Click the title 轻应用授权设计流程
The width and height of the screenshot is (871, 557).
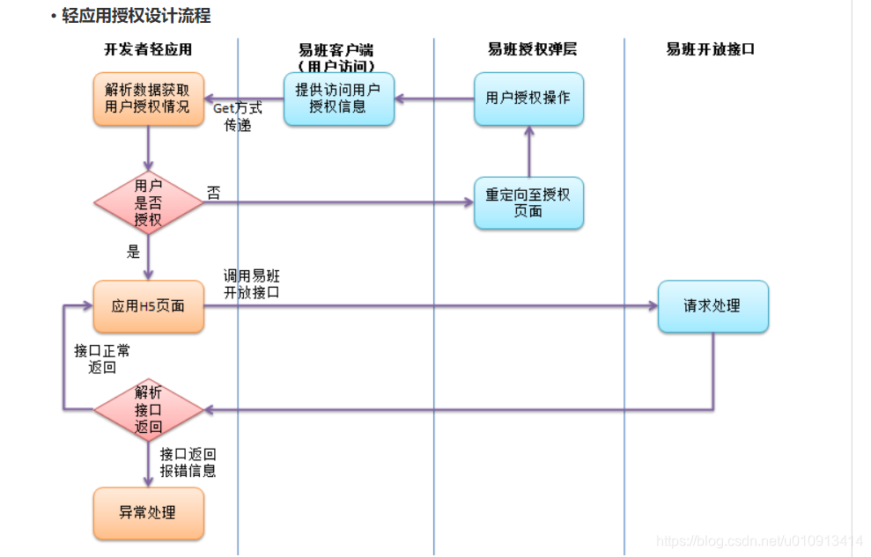(x=137, y=16)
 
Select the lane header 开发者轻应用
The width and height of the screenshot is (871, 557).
(x=148, y=50)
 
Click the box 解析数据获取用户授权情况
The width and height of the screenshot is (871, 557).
(x=148, y=99)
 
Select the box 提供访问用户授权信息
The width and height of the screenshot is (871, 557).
(x=339, y=99)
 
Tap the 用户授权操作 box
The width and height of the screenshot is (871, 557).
(x=528, y=99)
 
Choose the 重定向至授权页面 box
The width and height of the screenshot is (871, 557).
(x=528, y=203)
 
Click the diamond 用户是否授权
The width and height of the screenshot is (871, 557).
(x=148, y=203)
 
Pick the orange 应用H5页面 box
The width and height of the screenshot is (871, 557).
(x=148, y=306)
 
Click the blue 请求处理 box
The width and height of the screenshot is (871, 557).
(x=712, y=306)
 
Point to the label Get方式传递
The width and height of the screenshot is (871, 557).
(x=237, y=117)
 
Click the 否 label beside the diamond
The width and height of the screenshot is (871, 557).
(x=214, y=193)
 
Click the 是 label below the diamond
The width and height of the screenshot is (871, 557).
(x=133, y=253)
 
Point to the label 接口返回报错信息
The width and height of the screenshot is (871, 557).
(x=188, y=463)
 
